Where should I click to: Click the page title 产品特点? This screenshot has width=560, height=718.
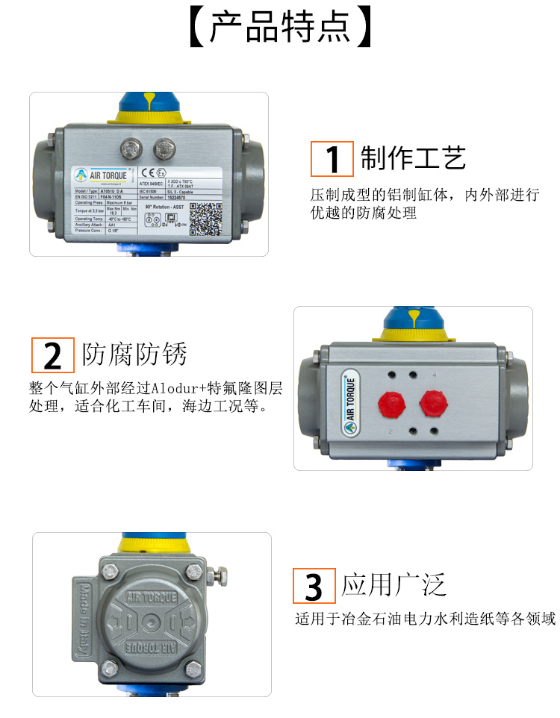pos(279,28)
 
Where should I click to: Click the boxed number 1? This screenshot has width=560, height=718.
pos(332,159)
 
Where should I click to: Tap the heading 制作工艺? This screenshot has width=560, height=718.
pos(413,158)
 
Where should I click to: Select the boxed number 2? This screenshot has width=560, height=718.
pos(53,355)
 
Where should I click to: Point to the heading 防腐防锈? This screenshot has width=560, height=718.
pos(134,355)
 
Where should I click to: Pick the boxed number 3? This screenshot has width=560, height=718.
pos(314,586)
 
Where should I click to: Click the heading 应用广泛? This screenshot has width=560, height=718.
pos(394,584)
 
